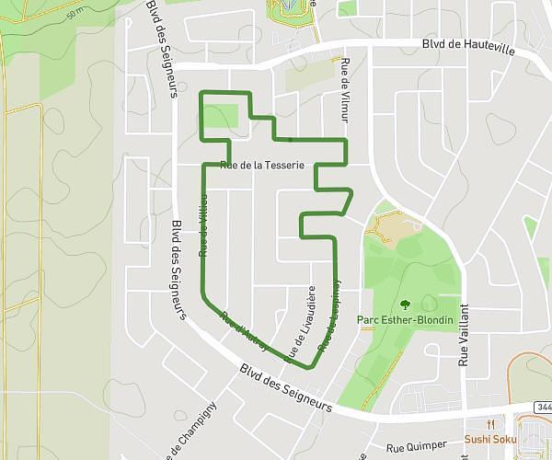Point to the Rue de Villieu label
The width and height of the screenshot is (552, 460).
[x=203, y=225]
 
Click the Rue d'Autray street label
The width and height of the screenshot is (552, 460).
[x=244, y=331]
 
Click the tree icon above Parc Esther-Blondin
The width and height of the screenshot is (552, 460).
[x=404, y=303]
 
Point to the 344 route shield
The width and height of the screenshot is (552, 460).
[x=542, y=407]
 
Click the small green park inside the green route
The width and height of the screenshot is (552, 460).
[x=219, y=117]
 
